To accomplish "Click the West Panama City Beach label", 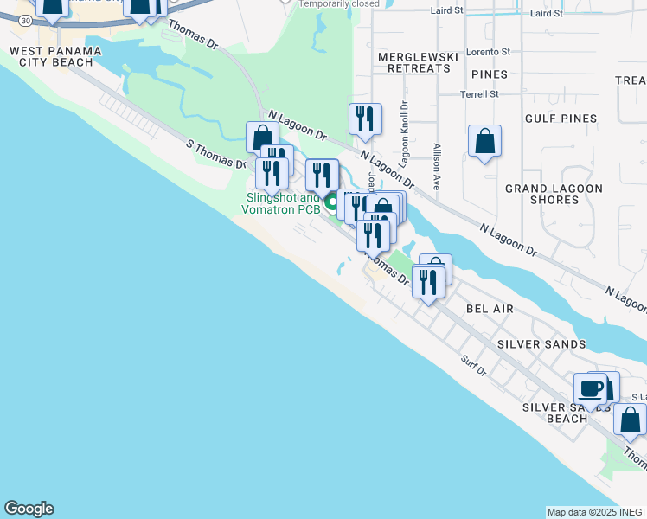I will pos(55,57).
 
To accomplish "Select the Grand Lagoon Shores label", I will pos(554,194).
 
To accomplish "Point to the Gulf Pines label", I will pos(561,118).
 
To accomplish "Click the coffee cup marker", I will pos(592,389).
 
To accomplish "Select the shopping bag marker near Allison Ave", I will pos(485,142).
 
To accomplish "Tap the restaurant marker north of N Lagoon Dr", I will pos(365,119).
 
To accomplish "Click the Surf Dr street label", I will pos(474,366).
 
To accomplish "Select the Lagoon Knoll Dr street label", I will pos(404,135).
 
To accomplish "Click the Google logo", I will pos(29,509).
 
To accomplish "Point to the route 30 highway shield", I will pos(25,19).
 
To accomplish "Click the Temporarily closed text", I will pos(339,3).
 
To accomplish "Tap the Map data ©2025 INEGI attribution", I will pos(596,512).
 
